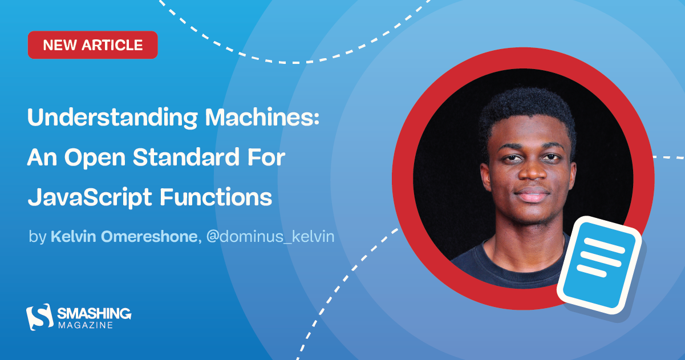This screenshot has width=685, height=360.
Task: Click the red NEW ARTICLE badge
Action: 92,45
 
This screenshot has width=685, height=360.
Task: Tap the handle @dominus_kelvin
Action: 269,237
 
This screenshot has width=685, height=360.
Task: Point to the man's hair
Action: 527,111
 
